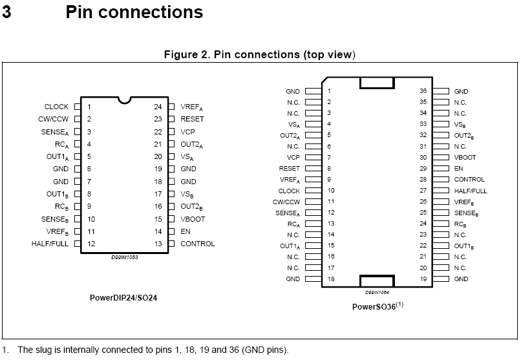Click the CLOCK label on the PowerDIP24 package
pyautogui.click(x=56, y=107)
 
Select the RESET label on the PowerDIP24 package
pyautogui.click(x=192, y=119)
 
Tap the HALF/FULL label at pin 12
pyautogui.click(x=50, y=244)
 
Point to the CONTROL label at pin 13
pyautogui.click(x=197, y=244)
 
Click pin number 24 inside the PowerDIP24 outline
pyautogui.click(x=157, y=107)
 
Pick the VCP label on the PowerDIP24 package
pyautogui.click(x=188, y=131)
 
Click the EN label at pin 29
pyautogui.click(x=458, y=168)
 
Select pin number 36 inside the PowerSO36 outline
pyautogui.click(x=423, y=92)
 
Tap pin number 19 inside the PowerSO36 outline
pyautogui.click(x=423, y=279)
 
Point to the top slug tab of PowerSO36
pyautogui.click(x=377, y=83)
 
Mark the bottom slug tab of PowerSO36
pyautogui.click(x=377, y=281)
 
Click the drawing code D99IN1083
pyautogui.click(x=125, y=257)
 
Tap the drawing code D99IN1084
pyautogui.click(x=377, y=291)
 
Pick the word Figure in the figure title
pyautogui.click(x=182, y=54)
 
